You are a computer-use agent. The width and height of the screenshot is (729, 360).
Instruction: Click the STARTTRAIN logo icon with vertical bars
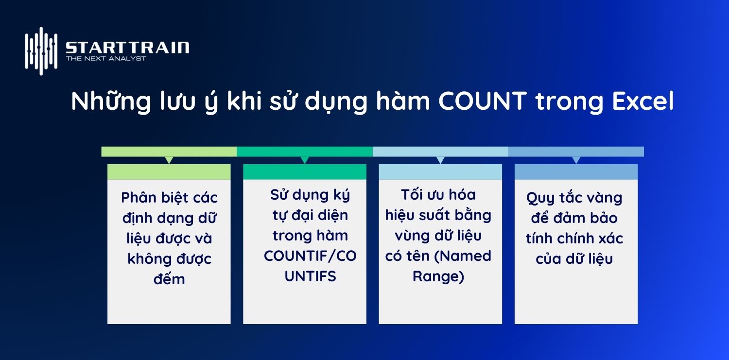[41, 51]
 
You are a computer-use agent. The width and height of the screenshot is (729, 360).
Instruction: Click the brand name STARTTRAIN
[127, 48]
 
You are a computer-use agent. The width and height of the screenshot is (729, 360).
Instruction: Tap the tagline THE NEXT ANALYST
[106, 59]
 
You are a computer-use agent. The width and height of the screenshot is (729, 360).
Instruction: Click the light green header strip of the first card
[169, 172]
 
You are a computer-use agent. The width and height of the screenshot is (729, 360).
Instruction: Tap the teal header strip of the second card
[305, 172]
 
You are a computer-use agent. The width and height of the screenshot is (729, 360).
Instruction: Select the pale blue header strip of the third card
[440, 172]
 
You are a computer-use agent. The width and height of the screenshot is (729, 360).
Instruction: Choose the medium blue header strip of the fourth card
[576, 172]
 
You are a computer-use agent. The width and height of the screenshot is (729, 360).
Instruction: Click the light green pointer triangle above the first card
[169, 160]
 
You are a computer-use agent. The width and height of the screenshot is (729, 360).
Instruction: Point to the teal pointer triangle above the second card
[305, 160]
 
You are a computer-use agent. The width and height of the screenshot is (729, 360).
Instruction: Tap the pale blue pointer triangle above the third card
[440, 160]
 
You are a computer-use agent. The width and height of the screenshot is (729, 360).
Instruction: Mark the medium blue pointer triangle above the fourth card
[576, 160]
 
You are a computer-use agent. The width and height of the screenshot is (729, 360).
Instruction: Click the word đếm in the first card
[169, 279]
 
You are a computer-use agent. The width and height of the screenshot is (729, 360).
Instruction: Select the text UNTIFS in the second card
[311, 276]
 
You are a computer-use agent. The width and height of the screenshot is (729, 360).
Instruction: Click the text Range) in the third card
[438, 276]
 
